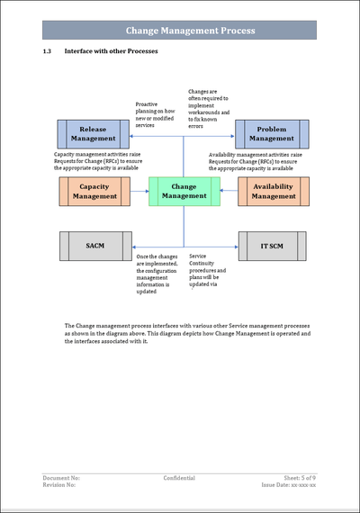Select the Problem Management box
pyautogui.click(x=272, y=134)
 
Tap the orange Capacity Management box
pyautogui.click(x=95, y=191)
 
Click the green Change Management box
pyautogui.click(x=184, y=191)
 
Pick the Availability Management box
pyautogui.click(x=274, y=191)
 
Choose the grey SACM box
pyautogui.click(x=95, y=246)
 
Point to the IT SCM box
pyautogui.click(x=274, y=246)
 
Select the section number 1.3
pyautogui.click(x=49, y=52)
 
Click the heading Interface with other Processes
pyautogui.click(x=111, y=52)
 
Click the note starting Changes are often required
pyautogui.click(x=209, y=108)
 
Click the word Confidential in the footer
pyautogui.click(x=180, y=477)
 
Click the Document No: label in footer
pyautogui.click(x=61, y=477)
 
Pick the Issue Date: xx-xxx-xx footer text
pyautogui.click(x=289, y=485)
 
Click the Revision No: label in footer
pyautogui.click(x=59, y=485)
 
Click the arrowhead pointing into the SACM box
pyautogui.click(x=134, y=246)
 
